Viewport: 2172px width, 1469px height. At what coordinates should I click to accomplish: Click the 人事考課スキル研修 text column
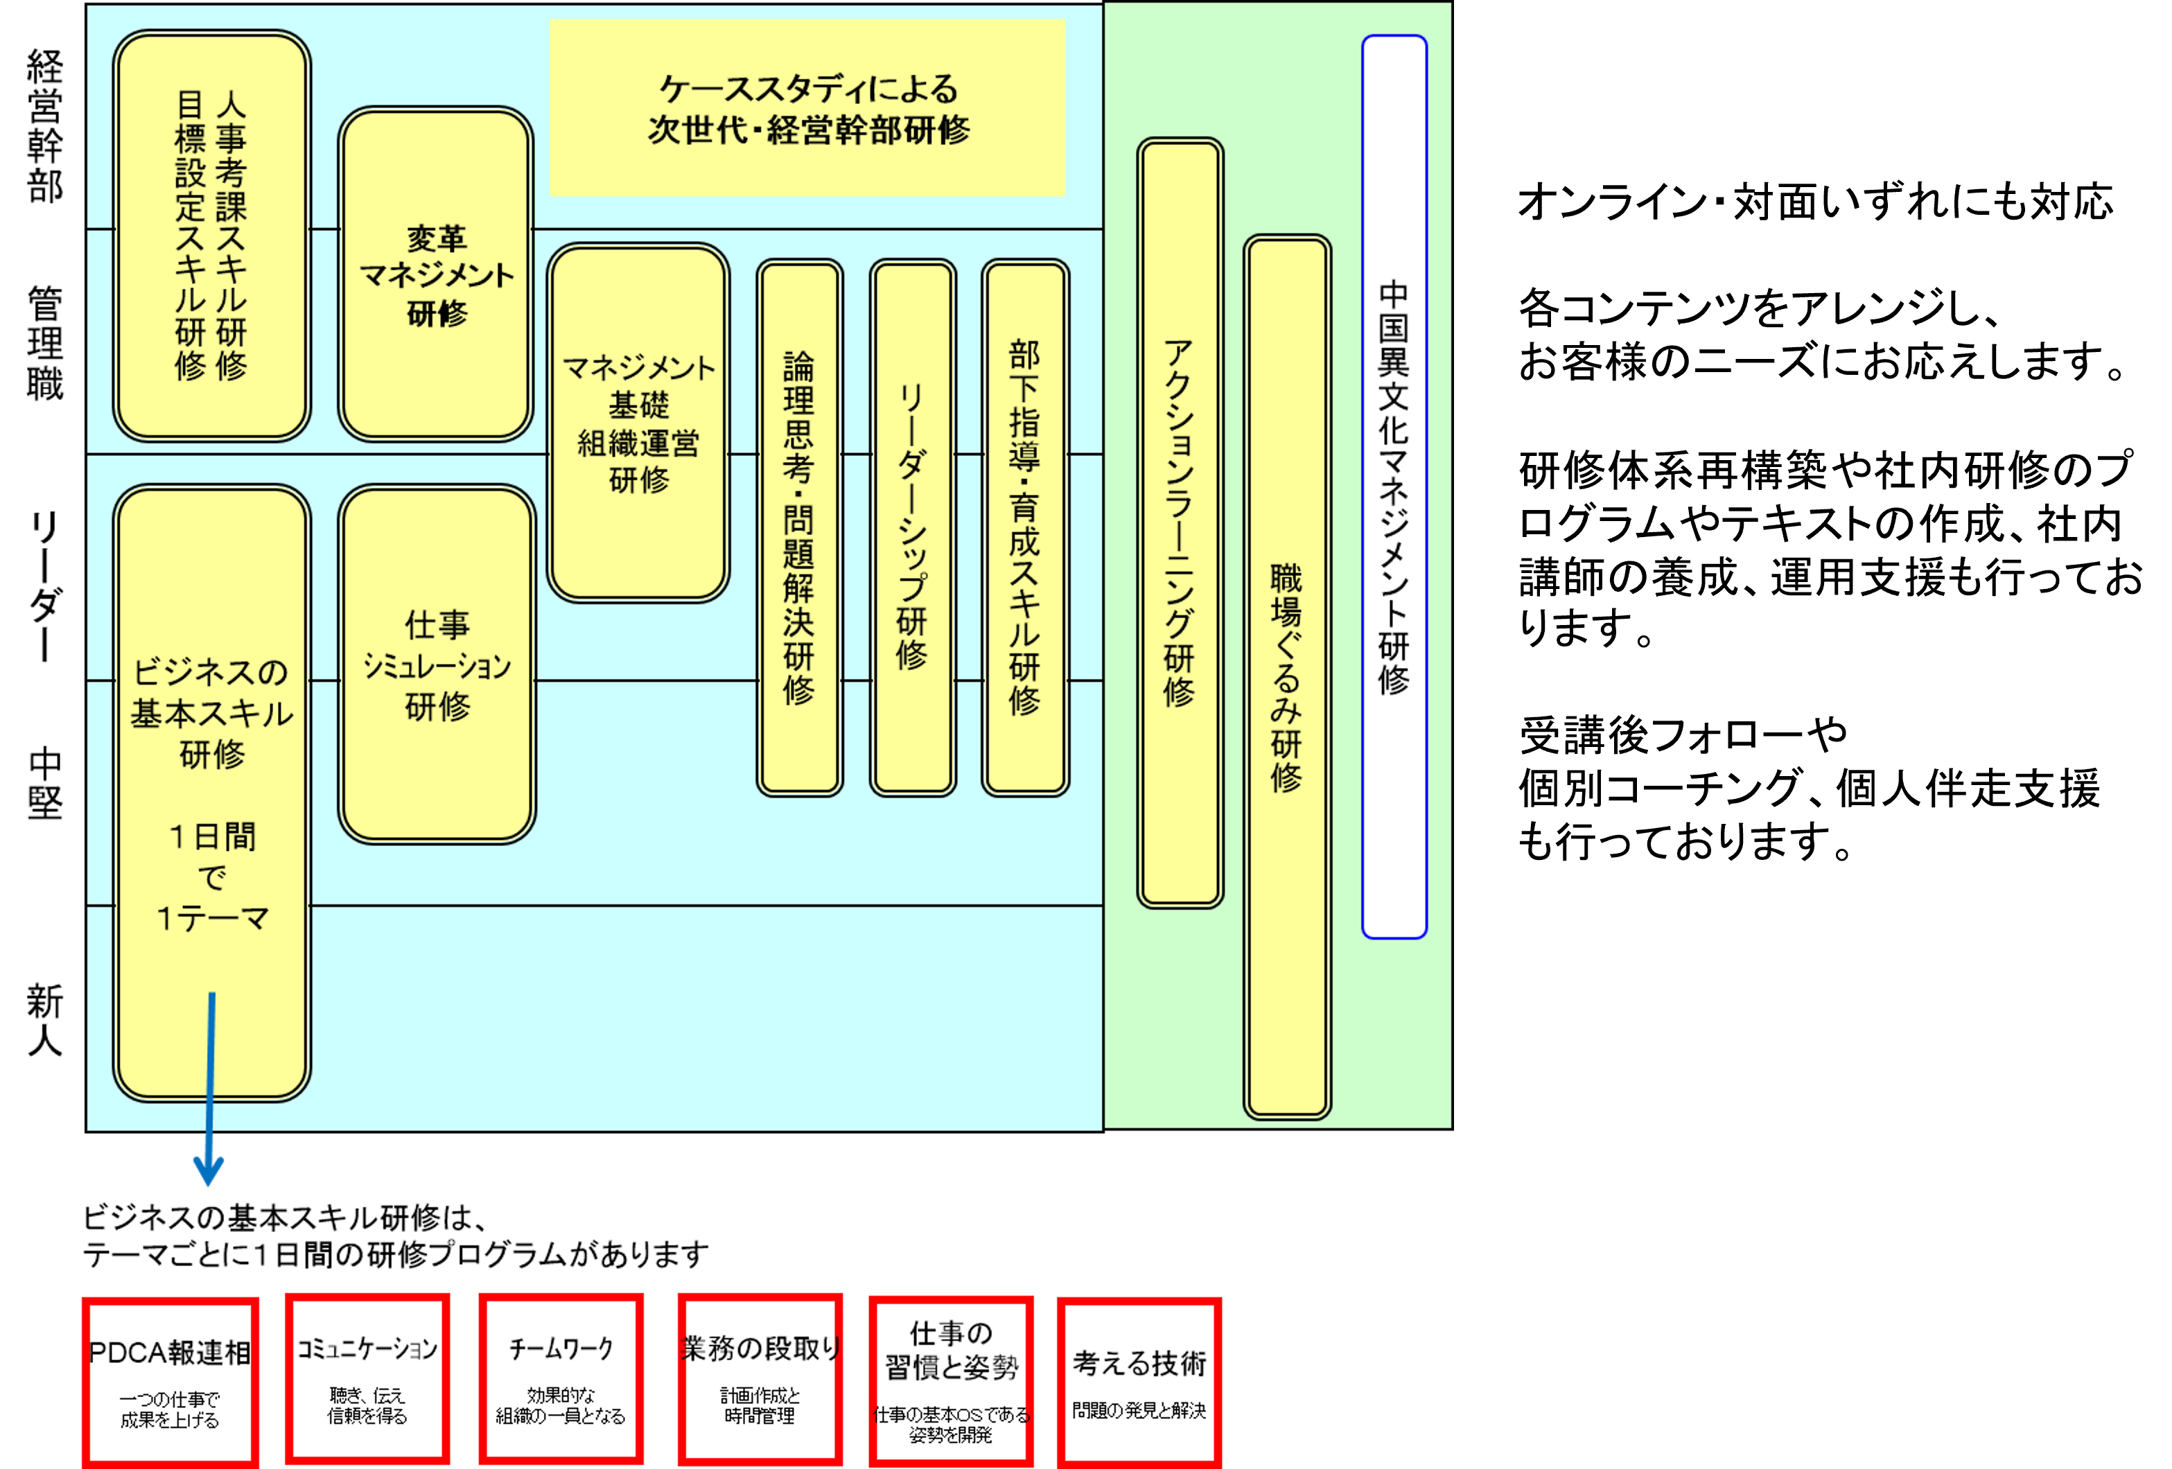231,236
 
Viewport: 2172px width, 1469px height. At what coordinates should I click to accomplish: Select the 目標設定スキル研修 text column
190,236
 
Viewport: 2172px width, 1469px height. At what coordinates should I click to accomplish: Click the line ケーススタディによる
808,89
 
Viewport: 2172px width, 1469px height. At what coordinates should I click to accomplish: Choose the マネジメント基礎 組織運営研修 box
638,423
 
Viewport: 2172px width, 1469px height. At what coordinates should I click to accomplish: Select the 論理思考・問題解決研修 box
799,528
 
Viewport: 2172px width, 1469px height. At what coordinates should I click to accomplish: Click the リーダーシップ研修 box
912,528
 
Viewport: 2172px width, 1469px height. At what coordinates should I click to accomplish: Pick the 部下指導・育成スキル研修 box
1025,528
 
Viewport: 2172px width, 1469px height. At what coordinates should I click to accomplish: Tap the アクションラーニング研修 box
1180,523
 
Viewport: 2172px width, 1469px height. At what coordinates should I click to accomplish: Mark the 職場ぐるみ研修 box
1287,678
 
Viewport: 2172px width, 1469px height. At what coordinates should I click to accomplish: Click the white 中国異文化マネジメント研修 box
1394,486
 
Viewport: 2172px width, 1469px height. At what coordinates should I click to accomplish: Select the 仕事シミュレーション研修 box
437,665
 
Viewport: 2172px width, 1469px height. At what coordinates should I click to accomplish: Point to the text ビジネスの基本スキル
212,692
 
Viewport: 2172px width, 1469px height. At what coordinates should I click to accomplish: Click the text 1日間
212,836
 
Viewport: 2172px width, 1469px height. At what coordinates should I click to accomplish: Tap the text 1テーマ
212,920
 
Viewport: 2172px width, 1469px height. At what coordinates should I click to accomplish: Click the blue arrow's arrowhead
207,1172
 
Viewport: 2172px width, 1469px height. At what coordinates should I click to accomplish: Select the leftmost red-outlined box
170,1381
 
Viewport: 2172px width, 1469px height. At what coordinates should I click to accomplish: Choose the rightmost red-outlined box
1139,1381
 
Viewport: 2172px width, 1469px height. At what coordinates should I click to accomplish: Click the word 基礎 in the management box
638,405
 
